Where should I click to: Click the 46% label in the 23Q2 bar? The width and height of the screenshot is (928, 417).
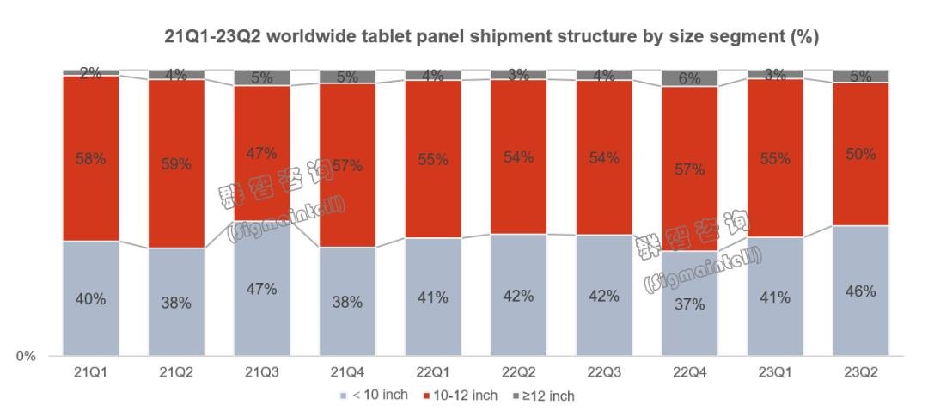tap(860, 291)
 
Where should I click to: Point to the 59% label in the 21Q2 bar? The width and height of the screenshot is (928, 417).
tap(176, 163)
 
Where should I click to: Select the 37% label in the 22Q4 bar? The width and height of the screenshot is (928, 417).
tap(689, 304)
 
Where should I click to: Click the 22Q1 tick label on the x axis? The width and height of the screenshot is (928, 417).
tap(433, 371)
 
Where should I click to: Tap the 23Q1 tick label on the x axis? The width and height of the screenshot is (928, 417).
tap(775, 371)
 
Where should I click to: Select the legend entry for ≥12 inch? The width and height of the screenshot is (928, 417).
tap(543, 396)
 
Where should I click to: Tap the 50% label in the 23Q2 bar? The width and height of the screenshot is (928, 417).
tap(860, 155)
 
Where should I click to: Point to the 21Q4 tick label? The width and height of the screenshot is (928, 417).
tap(347, 371)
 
